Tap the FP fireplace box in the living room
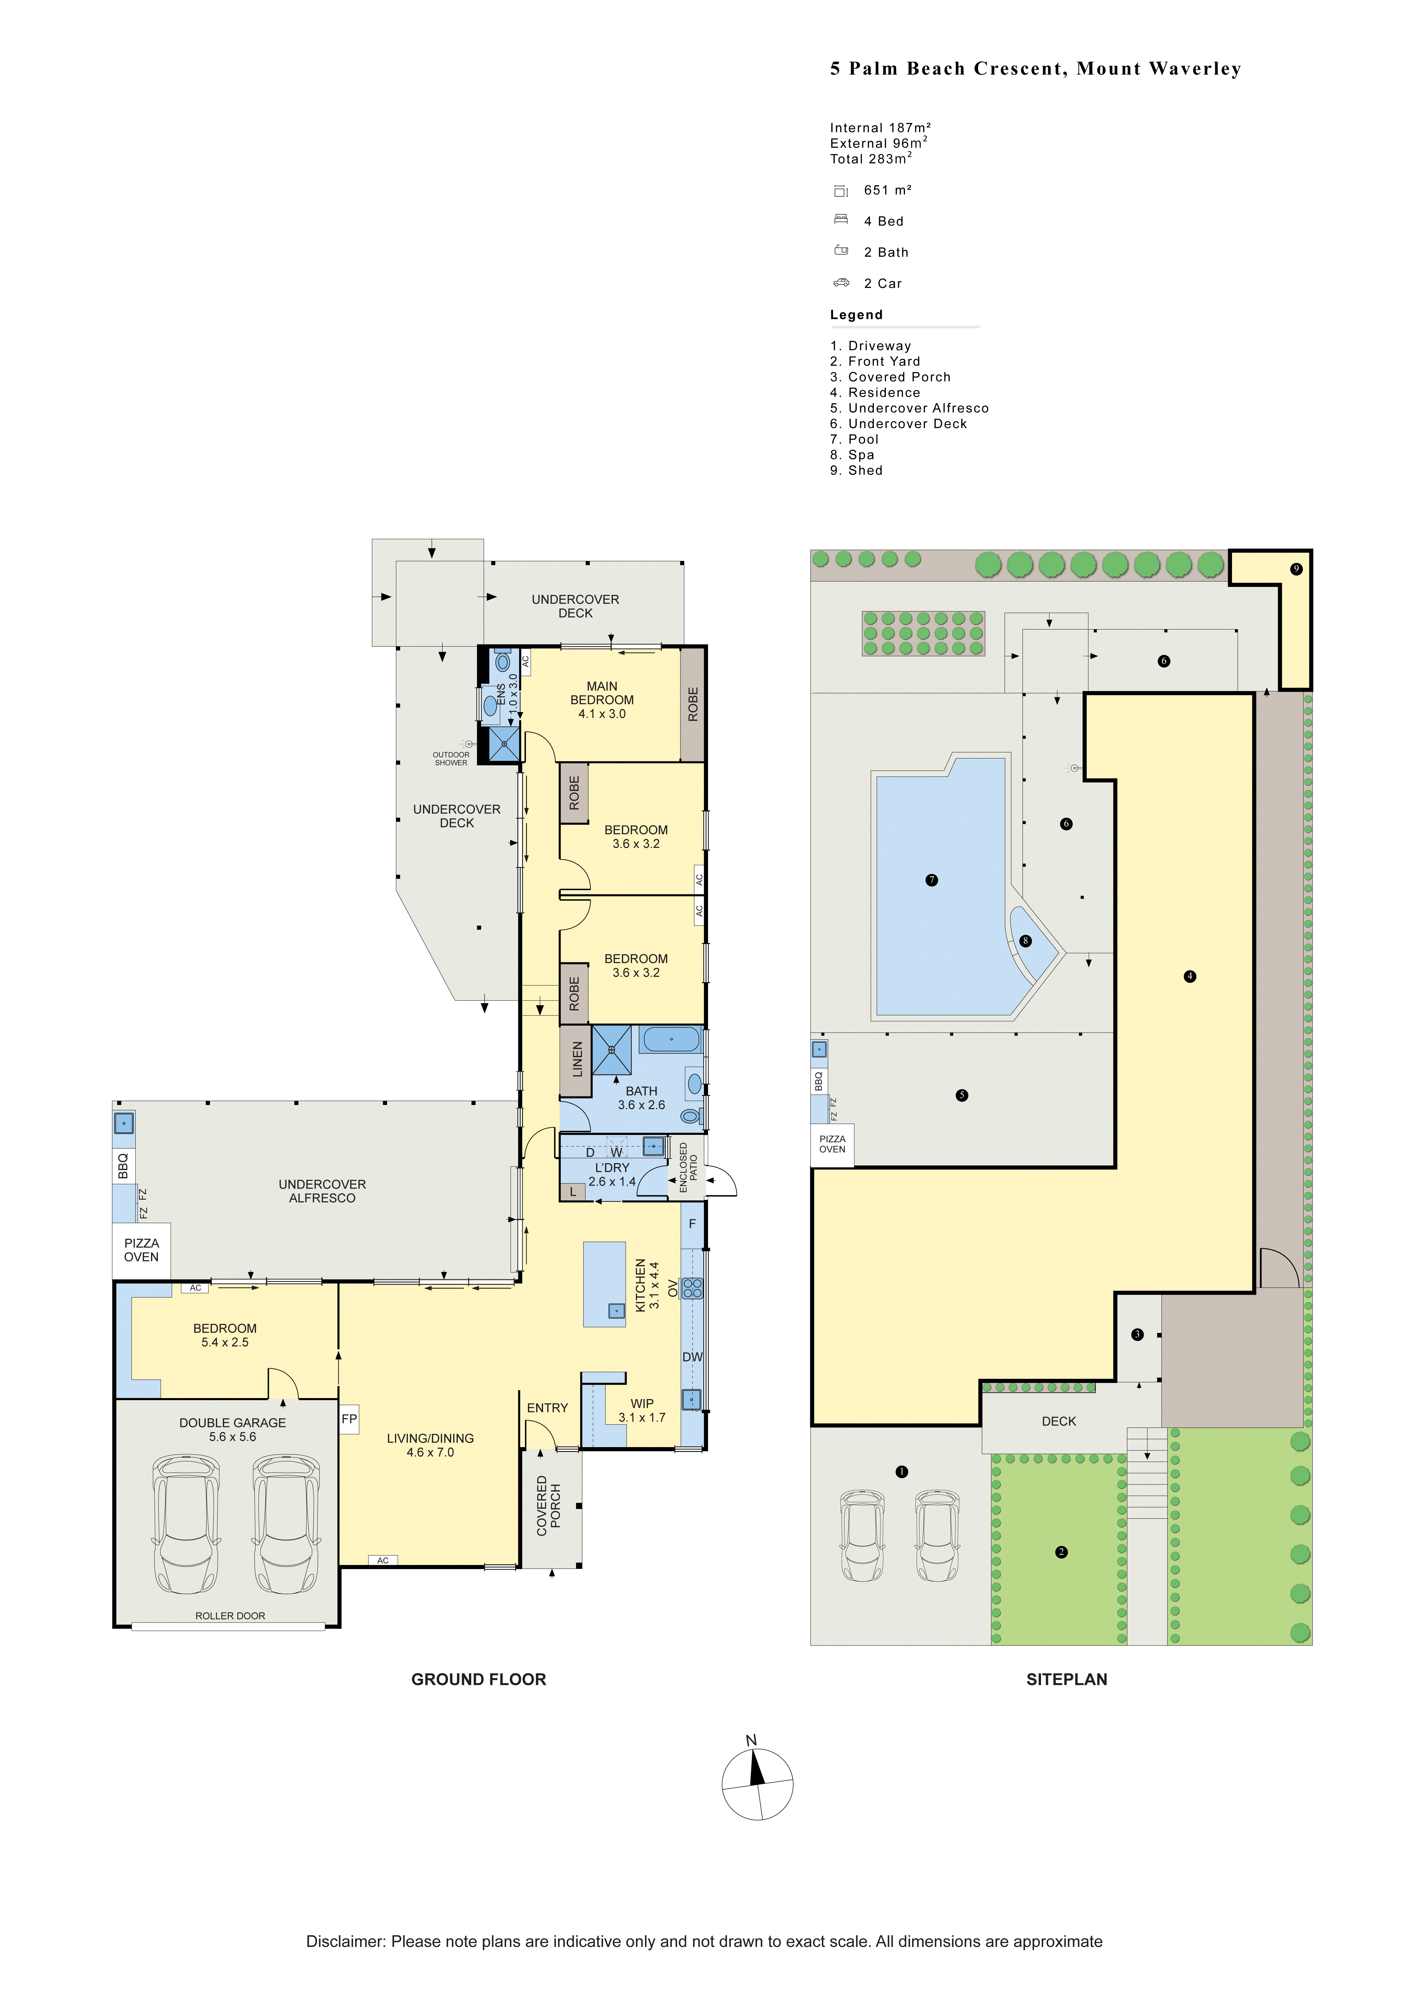point(349,1419)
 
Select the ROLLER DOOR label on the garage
point(230,1616)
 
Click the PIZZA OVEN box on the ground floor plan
point(142,1250)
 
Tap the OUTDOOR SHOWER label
point(451,758)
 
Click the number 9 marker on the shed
point(1296,569)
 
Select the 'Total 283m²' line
point(871,159)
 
